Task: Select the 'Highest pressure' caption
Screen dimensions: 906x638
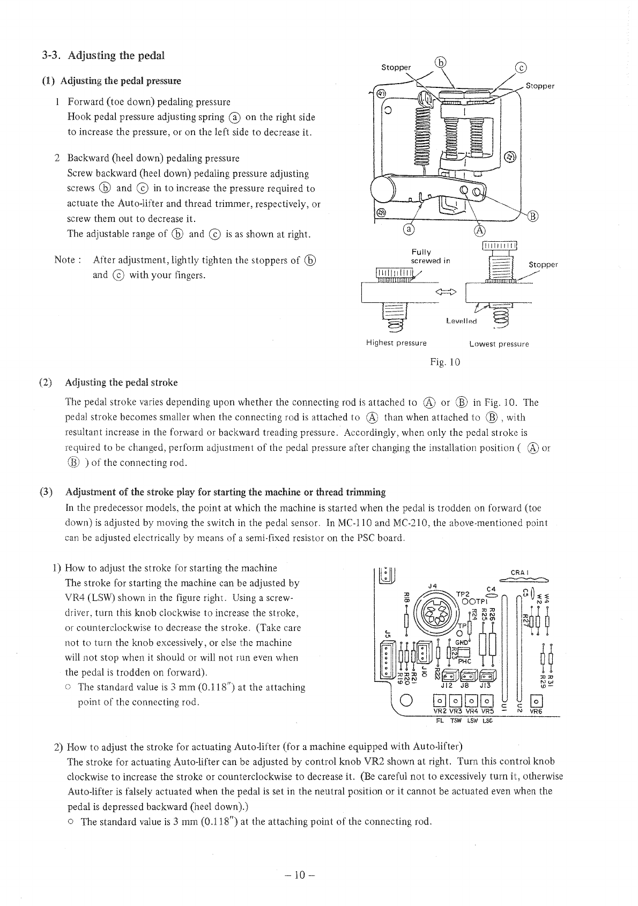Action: [396, 343]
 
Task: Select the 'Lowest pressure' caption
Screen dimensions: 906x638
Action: [499, 344]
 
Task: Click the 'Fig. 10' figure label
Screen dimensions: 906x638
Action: [445, 362]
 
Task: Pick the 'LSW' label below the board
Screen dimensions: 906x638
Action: [472, 721]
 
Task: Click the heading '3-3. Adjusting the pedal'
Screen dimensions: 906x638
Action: [103, 55]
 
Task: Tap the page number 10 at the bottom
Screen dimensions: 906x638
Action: [300, 875]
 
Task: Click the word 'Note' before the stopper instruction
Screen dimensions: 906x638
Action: [65, 260]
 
